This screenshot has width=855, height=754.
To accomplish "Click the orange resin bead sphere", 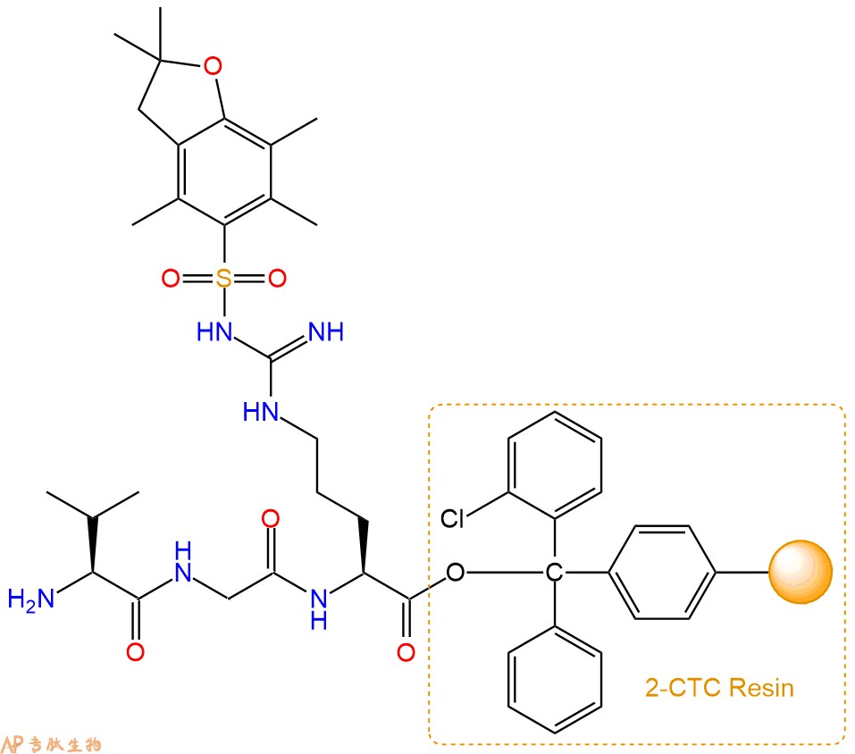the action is click(x=801, y=572).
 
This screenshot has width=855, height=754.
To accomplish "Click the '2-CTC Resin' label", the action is click(x=719, y=688).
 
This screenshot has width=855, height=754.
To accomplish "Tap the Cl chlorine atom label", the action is click(x=452, y=518).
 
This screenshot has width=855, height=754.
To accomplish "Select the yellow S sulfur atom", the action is click(x=223, y=278).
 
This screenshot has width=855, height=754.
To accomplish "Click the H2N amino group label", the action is click(x=30, y=599).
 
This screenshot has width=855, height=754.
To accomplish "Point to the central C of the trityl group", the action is click(x=554, y=573).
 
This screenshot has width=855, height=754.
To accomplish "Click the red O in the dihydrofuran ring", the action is click(x=213, y=66).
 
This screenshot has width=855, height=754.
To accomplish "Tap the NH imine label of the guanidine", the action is click(x=326, y=331).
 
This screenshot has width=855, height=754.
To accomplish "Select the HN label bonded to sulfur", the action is click(x=214, y=331).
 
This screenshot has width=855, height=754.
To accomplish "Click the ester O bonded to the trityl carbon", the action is click(x=456, y=573).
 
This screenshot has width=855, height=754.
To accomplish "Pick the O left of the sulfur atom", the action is click(x=171, y=278).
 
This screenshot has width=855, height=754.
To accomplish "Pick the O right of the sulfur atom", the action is click(x=277, y=278).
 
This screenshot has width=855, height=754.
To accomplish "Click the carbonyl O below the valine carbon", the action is click(x=135, y=652).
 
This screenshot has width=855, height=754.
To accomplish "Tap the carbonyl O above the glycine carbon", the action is click(x=271, y=518).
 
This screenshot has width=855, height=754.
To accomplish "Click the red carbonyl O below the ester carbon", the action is click(x=407, y=652).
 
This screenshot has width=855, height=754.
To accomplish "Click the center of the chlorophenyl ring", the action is click(x=555, y=465).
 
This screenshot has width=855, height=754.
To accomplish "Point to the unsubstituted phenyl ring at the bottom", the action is click(x=555, y=679).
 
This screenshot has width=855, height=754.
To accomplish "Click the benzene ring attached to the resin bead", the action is click(x=662, y=573).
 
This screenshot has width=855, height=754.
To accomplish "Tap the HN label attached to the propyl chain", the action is click(x=261, y=412).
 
